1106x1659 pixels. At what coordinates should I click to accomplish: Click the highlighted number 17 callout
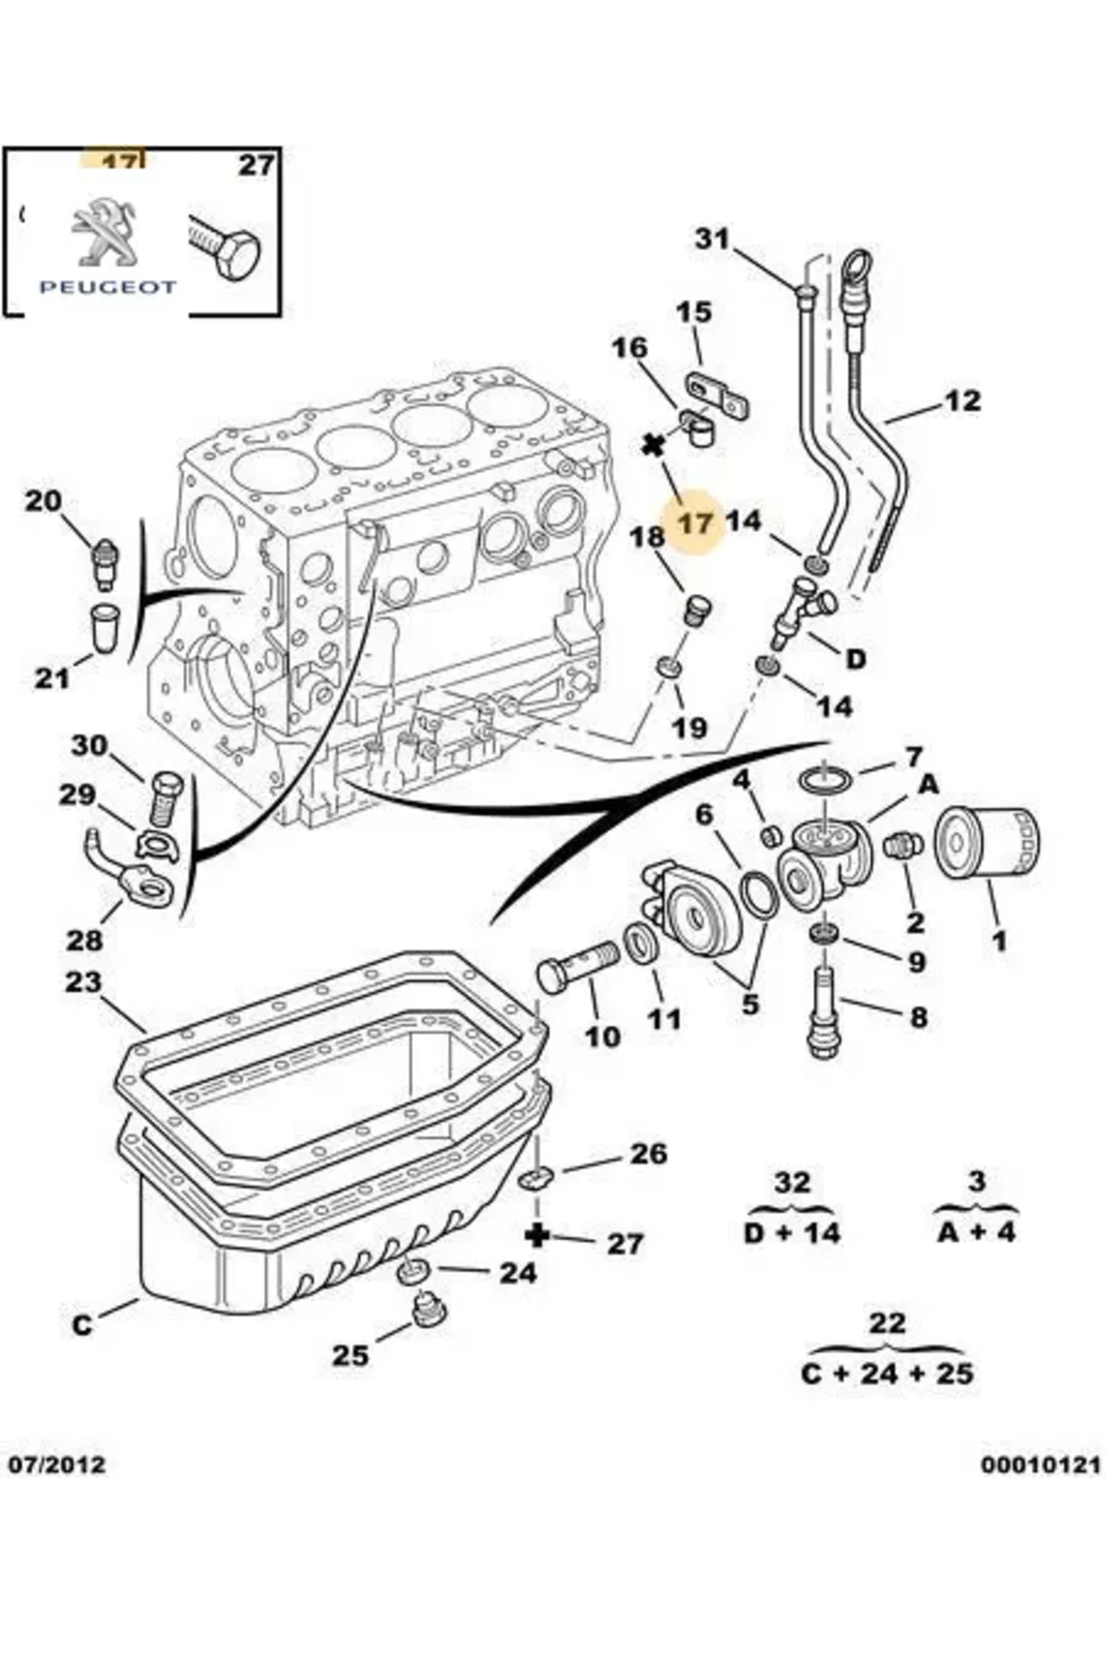696,524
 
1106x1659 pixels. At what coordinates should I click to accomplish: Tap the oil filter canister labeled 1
986,842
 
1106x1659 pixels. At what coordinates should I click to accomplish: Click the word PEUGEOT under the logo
107,287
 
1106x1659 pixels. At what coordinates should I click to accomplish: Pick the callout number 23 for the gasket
82,982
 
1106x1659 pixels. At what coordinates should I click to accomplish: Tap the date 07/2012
57,1464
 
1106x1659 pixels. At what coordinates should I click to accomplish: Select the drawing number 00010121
1041,1464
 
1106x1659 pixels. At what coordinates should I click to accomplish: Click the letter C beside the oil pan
83,1324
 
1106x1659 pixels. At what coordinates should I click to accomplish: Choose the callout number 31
712,240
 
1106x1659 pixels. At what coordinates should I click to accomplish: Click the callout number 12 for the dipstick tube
962,401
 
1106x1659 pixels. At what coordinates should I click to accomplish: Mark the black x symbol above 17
653,447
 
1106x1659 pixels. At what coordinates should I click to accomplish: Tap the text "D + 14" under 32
792,1233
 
